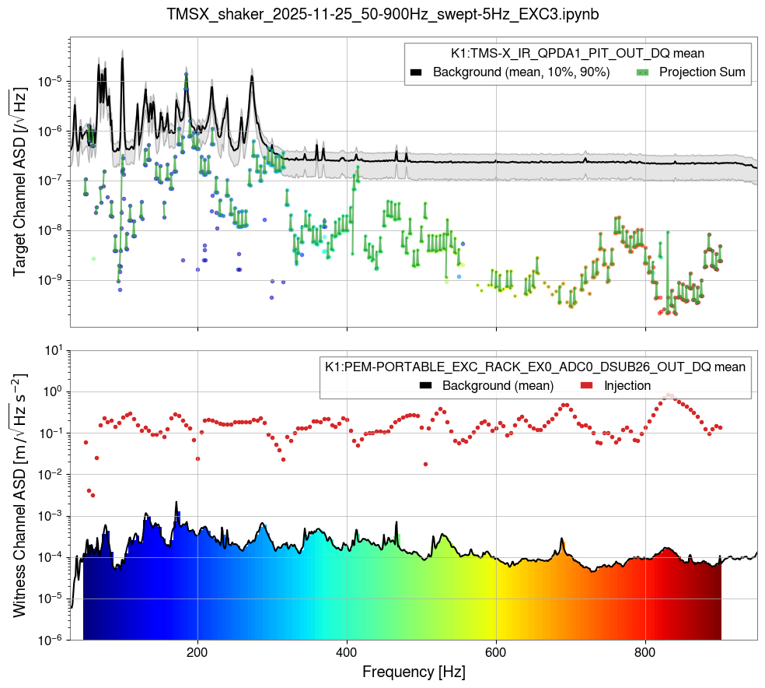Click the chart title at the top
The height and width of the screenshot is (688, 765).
click(382, 14)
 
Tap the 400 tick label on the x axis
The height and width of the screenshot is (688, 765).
click(347, 651)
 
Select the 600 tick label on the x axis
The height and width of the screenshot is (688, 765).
click(496, 651)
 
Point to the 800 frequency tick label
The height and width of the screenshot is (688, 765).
click(645, 651)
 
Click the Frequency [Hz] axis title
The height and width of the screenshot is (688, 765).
click(414, 670)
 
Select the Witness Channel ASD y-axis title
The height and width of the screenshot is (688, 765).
click(19, 495)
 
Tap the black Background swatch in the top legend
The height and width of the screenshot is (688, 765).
click(416, 72)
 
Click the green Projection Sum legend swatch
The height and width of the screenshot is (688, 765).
click(642, 72)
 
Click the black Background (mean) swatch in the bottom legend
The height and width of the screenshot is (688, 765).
click(425, 385)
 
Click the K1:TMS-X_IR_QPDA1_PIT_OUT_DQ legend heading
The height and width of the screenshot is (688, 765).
click(578, 54)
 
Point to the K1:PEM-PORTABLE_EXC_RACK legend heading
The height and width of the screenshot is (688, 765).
click(536, 367)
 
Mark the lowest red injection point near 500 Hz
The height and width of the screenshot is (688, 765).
click(425, 464)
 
